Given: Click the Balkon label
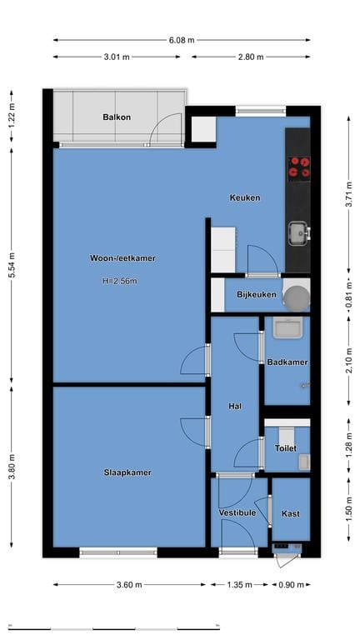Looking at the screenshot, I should pos(117,117).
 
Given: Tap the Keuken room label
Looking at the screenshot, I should pos(246,197).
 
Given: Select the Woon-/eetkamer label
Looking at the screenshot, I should pos(122,258).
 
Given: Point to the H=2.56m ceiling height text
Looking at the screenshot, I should pos(119,281).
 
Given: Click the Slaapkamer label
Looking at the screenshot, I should pos(128,472).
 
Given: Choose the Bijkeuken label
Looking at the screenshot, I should pos(257,296).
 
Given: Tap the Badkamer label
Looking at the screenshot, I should pos(287,362).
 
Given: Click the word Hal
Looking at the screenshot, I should pos(235,407).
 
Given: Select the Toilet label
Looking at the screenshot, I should pos(285,448).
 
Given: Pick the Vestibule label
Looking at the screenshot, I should pos(237,513).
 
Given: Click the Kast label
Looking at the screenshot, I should pos(291,513).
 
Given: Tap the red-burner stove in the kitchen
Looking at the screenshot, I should pos(299,167).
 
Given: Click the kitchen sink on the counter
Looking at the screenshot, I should pos(297,231).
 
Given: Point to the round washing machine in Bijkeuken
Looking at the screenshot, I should pos(295,296).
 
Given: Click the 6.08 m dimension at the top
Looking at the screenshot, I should pos(182,39).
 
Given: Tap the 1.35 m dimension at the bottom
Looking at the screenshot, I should pos(239,585).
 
